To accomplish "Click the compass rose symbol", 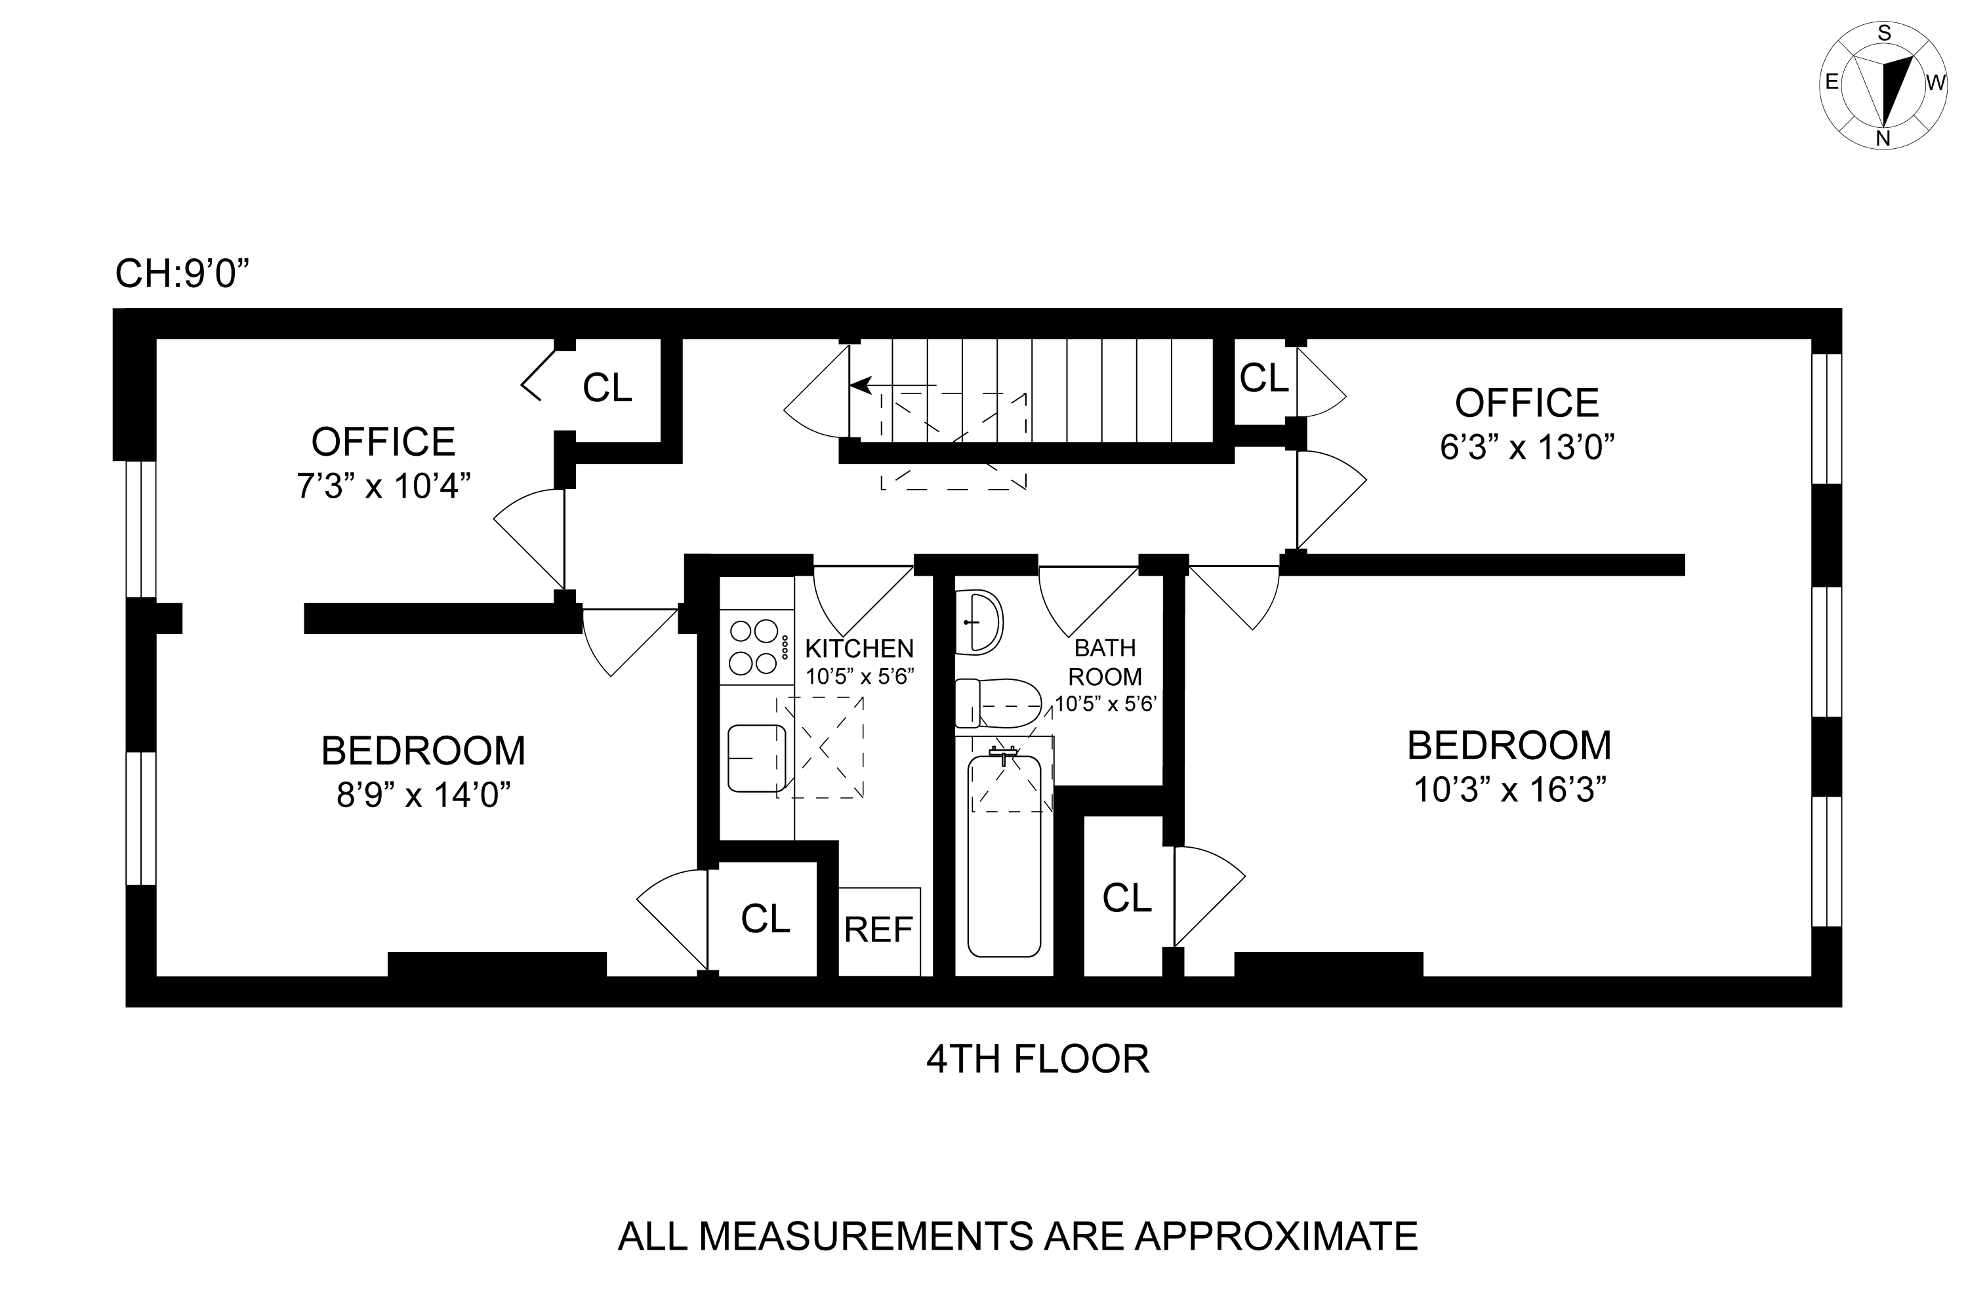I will [x=1883, y=85].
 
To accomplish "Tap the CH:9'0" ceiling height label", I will [x=183, y=273].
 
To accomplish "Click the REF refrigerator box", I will [x=878, y=930].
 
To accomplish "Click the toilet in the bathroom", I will [x=997, y=704].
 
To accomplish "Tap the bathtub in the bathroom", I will [x=1004, y=856].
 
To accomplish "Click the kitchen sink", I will [x=756, y=758].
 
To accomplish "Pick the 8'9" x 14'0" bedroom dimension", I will [x=424, y=795].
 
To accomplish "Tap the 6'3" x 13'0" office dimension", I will [x=1526, y=448].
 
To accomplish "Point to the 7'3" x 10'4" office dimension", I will [x=384, y=485].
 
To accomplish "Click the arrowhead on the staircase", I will [x=860, y=385].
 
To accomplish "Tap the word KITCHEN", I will [x=859, y=648].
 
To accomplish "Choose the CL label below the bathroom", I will [x=1127, y=898].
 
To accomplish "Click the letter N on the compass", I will [x=1883, y=140].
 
